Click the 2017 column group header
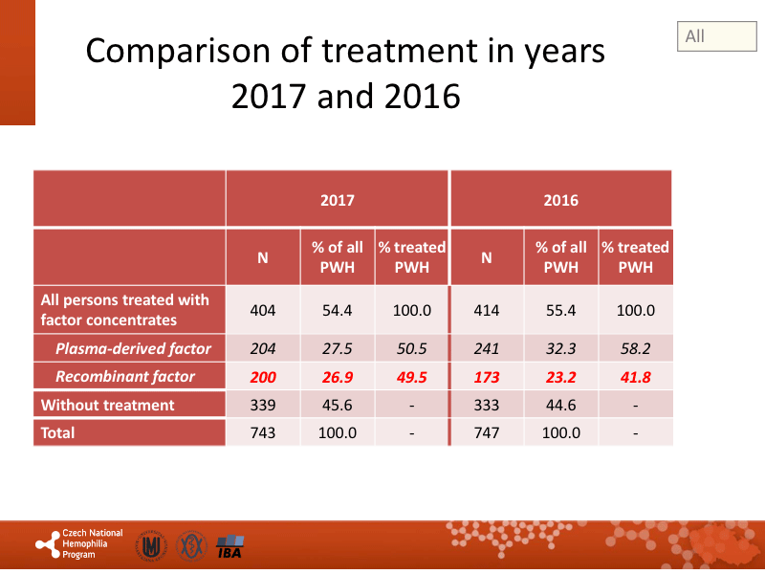[x=337, y=201]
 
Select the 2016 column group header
[x=560, y=201]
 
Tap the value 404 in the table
[x=262, y=311]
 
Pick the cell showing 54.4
[x=338, y=311]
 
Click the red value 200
[x=262, y=377]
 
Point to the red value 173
[x=486, y=377]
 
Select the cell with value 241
[x=486, y=349]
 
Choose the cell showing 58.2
[x=636, y=349]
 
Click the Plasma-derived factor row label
[x=133, y=349]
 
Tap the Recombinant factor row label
[x=125, y=377]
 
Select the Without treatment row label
[x=107, y=405]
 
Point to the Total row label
[x=57, y=432]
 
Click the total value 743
[x=262, y=432]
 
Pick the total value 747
[x=486, y=432]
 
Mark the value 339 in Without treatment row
[x=262, y=405]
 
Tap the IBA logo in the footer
[x=229, y=547]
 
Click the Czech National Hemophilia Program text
[x=92, y=543]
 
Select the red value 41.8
[x=636, y=377]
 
